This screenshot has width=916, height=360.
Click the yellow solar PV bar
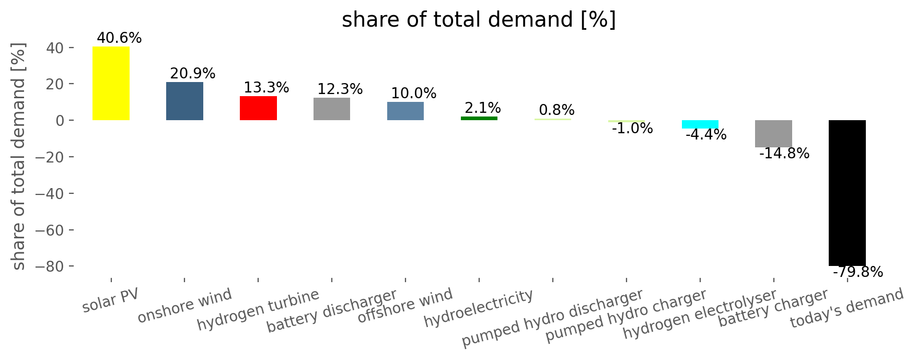coord(111,84)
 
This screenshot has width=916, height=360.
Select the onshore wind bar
coord(184,101)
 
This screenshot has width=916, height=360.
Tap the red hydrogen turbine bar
coord(258,108)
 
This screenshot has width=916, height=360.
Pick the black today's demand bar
coord(847,193)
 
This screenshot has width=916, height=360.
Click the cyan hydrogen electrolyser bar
coord(700,124)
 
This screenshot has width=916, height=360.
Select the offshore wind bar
coord(405,111)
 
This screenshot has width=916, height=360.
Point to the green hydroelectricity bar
coord(479,119)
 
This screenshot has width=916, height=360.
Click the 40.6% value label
coord(119,38)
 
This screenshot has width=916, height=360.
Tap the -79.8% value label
coord(857,272)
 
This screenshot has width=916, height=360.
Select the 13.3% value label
coord(266,87)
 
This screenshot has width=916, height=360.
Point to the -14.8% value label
coord(784,154)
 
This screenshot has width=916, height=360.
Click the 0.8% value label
coord(556,110)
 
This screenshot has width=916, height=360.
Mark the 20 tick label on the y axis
coord(56,84)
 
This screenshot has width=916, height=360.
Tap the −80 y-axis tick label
coord(50,266)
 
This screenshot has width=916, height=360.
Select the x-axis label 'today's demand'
coord(847,308)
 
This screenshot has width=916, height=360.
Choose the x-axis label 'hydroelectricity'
coord(479,308)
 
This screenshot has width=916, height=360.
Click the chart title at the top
coord(479,20)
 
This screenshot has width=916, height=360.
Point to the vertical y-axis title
coord(18,157)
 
